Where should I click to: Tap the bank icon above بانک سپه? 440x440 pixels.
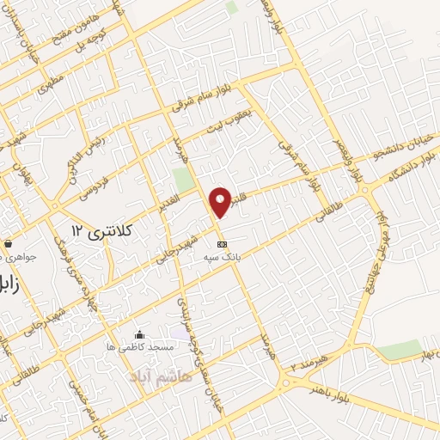tap(223, 243)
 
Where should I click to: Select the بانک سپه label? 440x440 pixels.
tap(223, 256)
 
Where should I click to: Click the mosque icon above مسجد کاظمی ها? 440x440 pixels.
tap(140, 333)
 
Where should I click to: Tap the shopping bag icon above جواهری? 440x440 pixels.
tap(8, 243)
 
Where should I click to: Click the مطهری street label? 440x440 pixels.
tap(48, 83)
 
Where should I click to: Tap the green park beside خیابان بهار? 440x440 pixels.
tap(400, 350)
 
